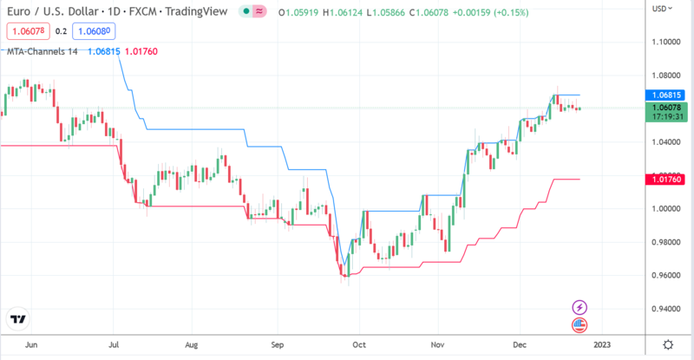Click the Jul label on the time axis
point(115,344)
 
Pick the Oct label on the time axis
point(358,344)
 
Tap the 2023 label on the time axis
point(602,344)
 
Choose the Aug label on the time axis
point(193,344)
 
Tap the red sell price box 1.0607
point(27,30)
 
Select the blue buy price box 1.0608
point(95,30)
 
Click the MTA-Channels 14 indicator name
point(42,52)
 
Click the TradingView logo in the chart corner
point(17,319)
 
